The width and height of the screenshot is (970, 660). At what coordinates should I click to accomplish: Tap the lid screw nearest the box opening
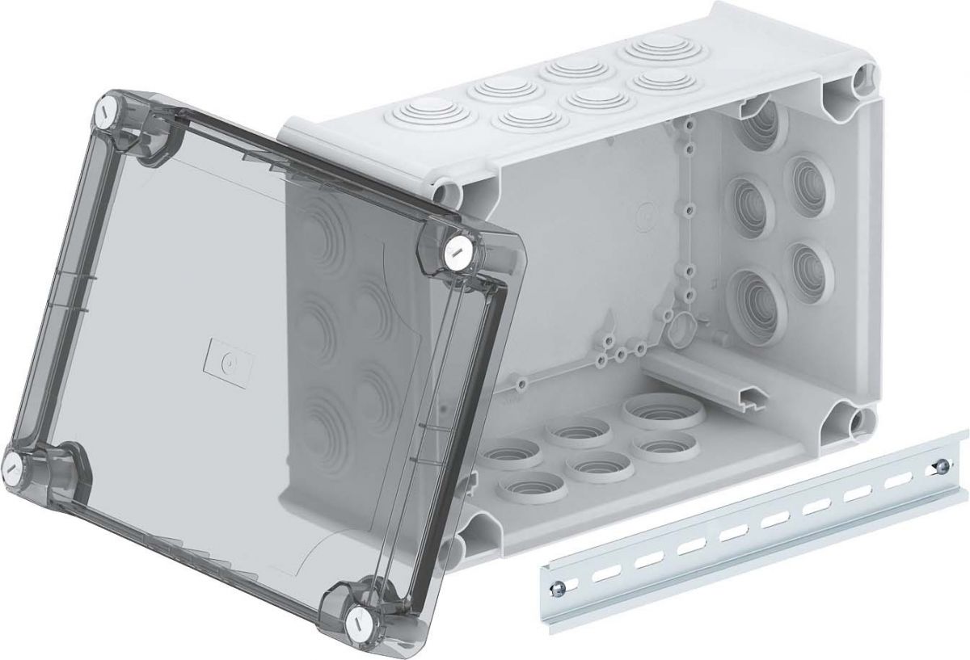click(x=453, y=250)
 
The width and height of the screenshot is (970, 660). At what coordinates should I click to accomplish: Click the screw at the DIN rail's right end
click(x=940, y=466)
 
